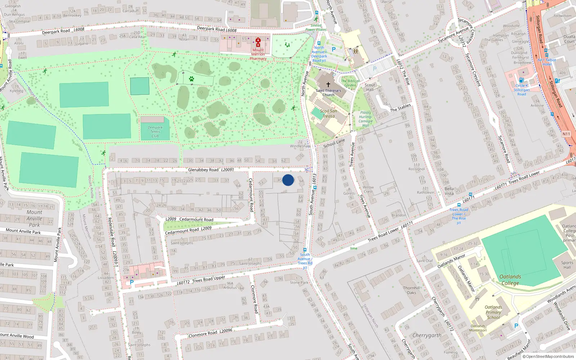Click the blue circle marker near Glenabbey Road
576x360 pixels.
coord(288,180)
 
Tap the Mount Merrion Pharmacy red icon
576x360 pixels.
coord(258,41)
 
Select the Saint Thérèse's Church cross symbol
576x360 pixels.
coord(328,85)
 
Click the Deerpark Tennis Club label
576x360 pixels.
coord(155,131)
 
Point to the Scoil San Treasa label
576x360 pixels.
coord(328,113)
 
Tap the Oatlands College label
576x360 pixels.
coord(510,280)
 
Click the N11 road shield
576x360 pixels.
coord(566,134)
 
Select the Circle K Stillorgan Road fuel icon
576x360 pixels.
coord(521,80)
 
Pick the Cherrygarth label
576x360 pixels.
coord(427,335)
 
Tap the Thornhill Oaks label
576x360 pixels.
coord(411,290)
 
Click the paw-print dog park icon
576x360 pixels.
coord(192,78)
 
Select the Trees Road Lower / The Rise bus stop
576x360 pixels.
coord(459,205)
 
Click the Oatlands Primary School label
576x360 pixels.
coord(493,312)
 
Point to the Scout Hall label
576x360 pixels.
coord(370,87)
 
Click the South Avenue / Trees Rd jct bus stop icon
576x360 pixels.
coord(305,250)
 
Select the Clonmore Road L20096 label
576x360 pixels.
coord(210,333)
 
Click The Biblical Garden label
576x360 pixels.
coord(350,83)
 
